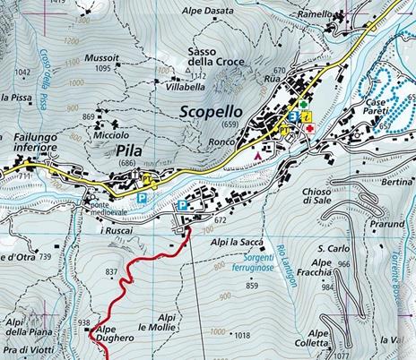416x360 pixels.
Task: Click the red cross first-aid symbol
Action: (x=309, y=128)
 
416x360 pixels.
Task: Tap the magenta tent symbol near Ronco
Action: (x=259, y=155)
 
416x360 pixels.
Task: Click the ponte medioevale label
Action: (x=110, y=208)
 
